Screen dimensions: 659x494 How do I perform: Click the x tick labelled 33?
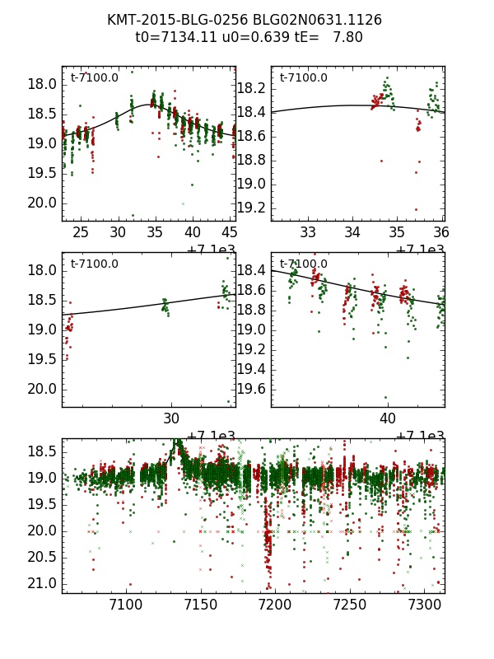coord(308,233)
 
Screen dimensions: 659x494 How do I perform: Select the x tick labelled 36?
coord(441,233)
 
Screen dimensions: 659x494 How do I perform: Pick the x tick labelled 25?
coord(81,233)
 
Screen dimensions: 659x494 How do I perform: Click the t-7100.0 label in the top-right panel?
coord(304,78)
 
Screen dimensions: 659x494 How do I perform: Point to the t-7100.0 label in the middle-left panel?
coord(95,264)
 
